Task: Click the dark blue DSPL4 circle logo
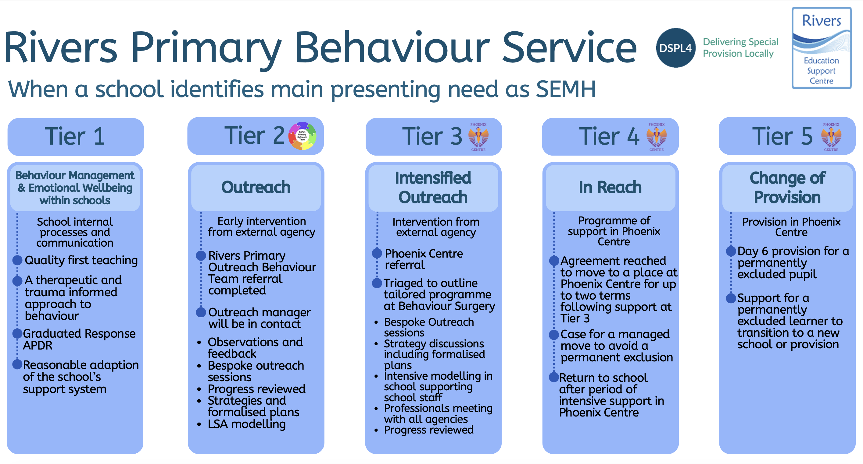pos(675,48)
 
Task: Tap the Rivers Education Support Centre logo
pos(821,48)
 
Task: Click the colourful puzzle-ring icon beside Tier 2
pos(302,136)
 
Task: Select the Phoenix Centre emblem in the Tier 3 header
pos(478,137)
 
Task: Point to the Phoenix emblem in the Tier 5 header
pos(831,137)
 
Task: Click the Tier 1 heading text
pos(75,136)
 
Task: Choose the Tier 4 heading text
pos(609,136)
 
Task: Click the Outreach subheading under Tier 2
pos(256,187)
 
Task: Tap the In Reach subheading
pos(610,187)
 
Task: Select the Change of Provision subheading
pos(787,187)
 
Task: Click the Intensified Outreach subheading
pos(433,187)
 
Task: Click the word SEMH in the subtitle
pos(565,89)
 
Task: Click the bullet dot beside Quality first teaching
pos(17,260)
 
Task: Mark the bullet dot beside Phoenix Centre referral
pos(377,253)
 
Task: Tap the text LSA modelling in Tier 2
pos(247,424)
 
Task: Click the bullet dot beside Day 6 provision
pos(731,251)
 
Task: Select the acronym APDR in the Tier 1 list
pos(38,345)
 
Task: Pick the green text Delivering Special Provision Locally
pos(740,47)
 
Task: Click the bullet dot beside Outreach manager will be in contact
pos(201,312)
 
